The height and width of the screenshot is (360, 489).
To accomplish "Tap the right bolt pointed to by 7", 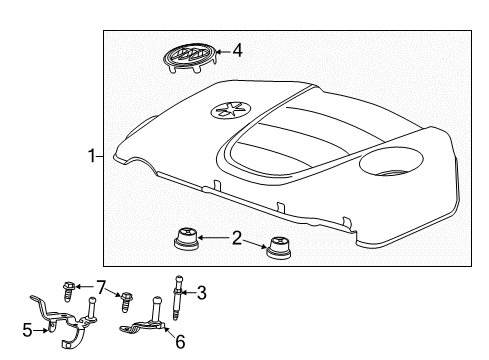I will [x=126, y=300].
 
